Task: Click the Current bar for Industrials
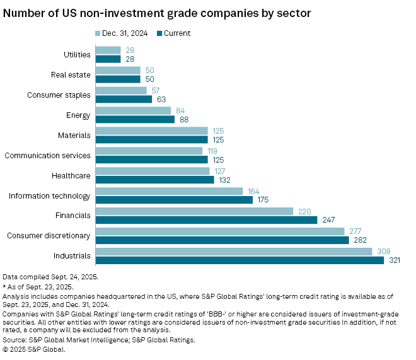pyautogui.click(x=240, y=260)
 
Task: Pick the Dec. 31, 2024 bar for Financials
pyautogui.click(x=194, y=211)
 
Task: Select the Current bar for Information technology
pyautogui.click(x=174, y=200)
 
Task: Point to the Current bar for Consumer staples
pyautogui.click(x=124, y=99)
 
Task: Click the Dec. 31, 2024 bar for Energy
pyautogui.click(x=133, y=111)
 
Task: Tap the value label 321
pyautogui.click(x=394, y=260)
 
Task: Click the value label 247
pyautogui.click(x=327, y=219)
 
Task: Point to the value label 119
pyautogui.click(x=211, y=151)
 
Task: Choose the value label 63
pyautogui.click(x=160, y=99)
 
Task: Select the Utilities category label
pyautogui.click(x=77, y=55)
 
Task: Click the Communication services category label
pyautogui.click(x=47, y=155)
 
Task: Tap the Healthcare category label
pyautogui.click(x=71, y=175)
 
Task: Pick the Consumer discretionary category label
pyautogui.click(x=49, y=236)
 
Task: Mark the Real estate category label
pyautogui.click(x=71, y=75)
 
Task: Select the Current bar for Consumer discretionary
pyautogui.click(x=222, y=240)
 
